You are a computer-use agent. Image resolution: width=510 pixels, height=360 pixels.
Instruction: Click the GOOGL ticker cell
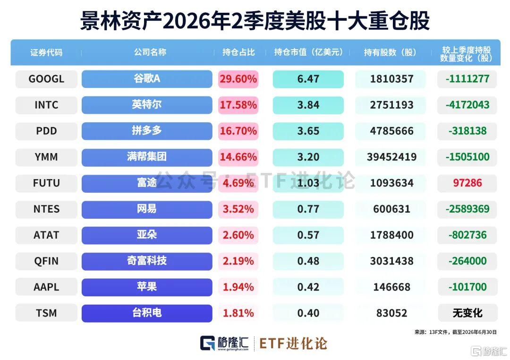46,79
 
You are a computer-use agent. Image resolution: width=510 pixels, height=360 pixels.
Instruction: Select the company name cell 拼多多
147,131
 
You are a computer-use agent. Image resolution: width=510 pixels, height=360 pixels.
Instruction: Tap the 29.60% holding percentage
238,79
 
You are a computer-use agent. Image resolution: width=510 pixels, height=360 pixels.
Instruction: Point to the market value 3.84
308,105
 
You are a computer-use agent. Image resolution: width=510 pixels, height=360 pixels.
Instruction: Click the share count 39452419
391,157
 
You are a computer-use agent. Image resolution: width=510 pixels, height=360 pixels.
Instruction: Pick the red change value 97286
467,183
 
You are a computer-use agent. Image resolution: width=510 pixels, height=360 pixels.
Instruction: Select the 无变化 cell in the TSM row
467,313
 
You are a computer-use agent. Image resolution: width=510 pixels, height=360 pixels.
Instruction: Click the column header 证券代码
46,52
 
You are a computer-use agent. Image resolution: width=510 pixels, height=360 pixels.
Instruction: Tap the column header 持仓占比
238,52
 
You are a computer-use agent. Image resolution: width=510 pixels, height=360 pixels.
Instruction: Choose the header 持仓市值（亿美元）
308,52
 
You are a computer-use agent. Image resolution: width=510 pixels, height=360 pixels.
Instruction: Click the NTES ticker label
46,209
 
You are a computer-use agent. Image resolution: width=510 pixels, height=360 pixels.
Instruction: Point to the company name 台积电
147,313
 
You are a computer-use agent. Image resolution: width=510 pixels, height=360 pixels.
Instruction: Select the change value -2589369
467,209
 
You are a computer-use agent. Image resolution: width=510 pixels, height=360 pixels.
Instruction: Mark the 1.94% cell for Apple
238,287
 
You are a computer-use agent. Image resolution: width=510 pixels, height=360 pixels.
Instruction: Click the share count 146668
391,287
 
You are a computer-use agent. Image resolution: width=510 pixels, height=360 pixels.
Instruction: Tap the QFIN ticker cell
46,261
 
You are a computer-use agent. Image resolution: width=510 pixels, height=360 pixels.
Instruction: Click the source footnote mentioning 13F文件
455,332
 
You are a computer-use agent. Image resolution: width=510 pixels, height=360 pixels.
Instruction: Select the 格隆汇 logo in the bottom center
224,343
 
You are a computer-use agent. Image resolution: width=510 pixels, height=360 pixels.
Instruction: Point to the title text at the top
255,21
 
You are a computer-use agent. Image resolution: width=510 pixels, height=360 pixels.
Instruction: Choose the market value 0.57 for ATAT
308,235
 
